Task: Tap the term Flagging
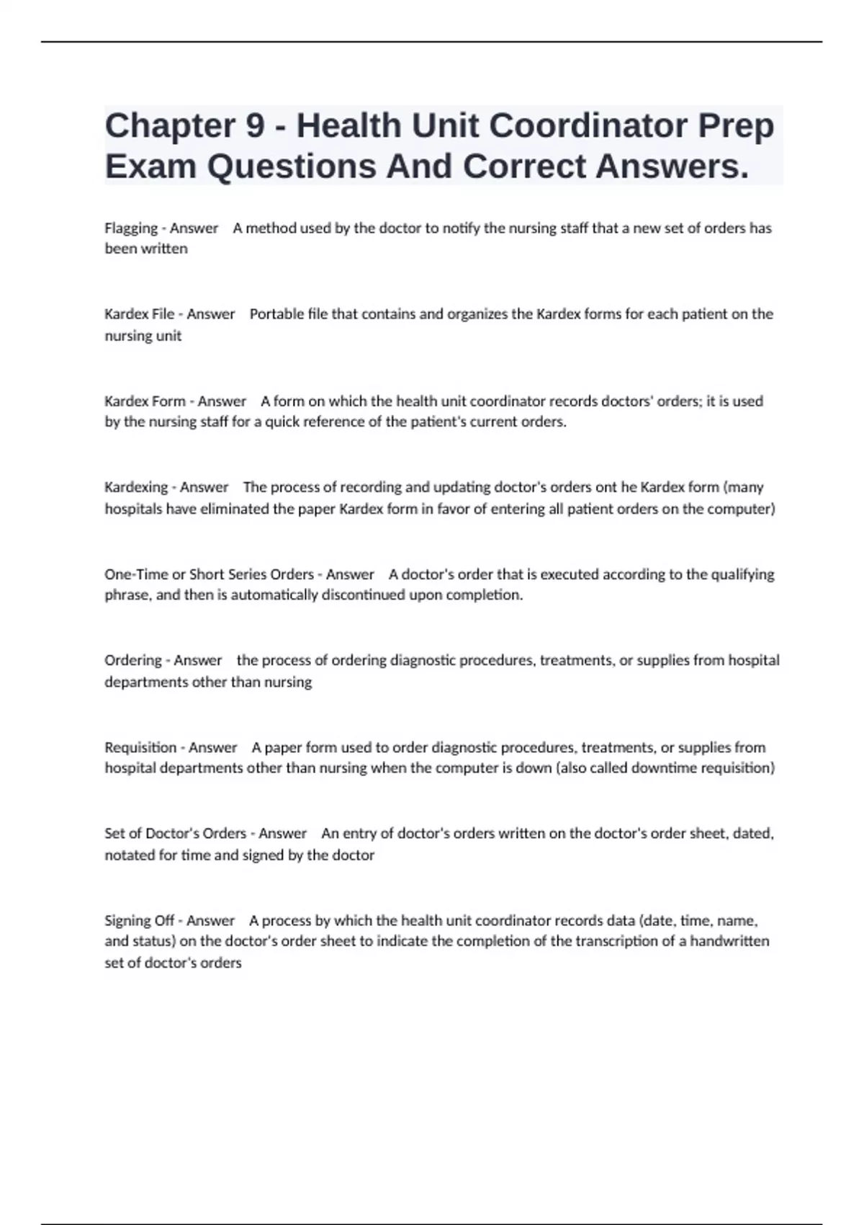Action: point(131,228)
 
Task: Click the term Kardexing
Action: point(136,487)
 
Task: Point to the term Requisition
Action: point(140,747)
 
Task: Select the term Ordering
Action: point(133,660)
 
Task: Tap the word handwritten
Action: point(729,941)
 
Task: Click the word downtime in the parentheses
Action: point(660,768)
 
